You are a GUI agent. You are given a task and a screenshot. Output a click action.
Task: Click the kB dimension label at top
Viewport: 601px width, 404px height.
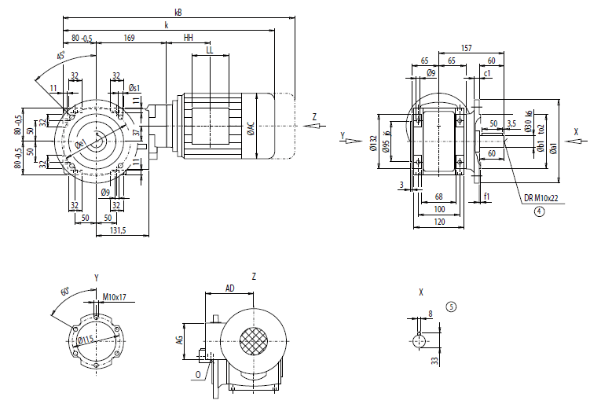[179, 12]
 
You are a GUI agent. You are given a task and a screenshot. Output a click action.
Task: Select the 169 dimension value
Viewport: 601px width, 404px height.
[130, 37]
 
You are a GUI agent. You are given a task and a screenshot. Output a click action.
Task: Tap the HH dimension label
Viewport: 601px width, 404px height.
[188, 37]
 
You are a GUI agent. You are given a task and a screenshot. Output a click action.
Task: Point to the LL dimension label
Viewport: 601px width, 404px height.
[209, 50]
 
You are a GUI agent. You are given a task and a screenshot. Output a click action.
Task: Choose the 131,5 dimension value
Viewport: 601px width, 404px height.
[119, 230]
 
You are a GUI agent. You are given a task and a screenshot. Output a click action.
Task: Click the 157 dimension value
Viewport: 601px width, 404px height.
[467, 48]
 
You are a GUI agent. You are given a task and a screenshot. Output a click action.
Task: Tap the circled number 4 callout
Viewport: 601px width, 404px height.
[540, 211]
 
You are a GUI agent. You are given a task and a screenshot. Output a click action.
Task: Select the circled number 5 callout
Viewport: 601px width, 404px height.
[450, 306]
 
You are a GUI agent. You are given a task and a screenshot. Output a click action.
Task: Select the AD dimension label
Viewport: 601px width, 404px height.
[229, 288]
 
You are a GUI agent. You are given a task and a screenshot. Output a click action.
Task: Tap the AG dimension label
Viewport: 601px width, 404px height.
[179, 339]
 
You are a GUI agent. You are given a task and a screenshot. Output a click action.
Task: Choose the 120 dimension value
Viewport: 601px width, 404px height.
[439, 223]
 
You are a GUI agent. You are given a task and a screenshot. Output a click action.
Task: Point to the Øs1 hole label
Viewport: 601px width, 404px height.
[134, 88]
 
